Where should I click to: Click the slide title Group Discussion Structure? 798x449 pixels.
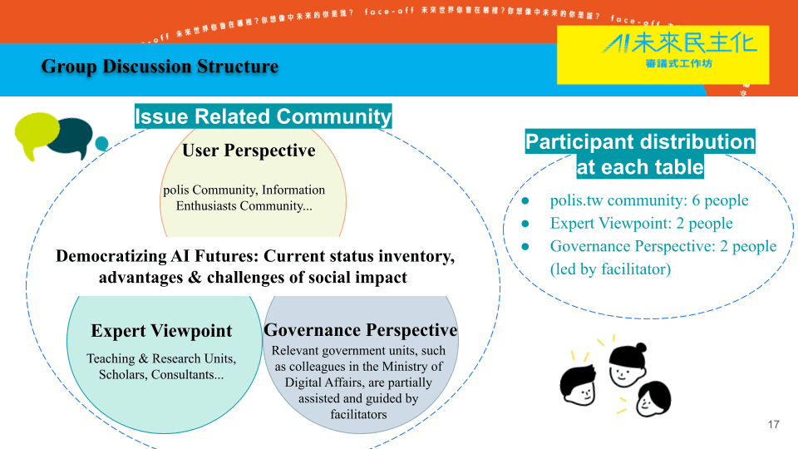[x=160, y=67]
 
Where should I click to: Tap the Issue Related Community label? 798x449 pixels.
[x=263, y=116]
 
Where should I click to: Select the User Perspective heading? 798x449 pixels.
[x=249, y=150]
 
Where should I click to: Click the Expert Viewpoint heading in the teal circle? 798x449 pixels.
[x=161, y=331]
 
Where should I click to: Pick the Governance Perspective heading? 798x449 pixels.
[x=360, y=330]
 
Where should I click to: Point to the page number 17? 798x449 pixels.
[x=773, y=425]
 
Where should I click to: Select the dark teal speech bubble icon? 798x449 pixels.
[x=71, y=138]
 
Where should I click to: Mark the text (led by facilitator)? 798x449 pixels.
[x=610, y=269]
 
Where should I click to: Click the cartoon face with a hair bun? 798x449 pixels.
[x=628, y=362]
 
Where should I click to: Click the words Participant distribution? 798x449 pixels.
[x=639, y=142]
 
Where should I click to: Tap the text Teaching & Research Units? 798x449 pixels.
[x=161, y=358]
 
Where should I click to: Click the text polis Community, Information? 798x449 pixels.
[x=244, y=190]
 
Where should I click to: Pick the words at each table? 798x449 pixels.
[x=639, y=167]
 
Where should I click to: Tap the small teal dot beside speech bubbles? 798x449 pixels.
[x=102, y=144]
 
